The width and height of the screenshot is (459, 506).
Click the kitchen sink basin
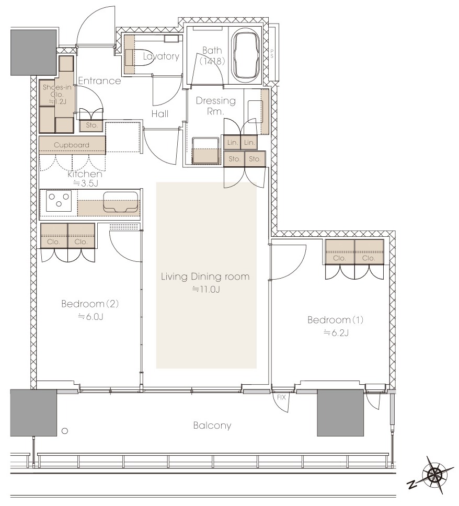(x=120, y=202)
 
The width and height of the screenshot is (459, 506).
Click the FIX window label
(x=281, y=397)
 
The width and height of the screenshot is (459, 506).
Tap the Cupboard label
(x=72, y=145)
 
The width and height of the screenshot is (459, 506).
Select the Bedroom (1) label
(x=336, y=320)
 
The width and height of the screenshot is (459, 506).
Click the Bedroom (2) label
(x=90, y=304)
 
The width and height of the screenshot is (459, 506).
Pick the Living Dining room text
(x=205, y=277)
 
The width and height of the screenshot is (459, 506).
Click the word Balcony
(x=212, y=425)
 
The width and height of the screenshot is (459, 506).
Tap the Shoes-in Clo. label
(x=57, y=90)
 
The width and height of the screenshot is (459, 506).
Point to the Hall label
(x=160, y=113)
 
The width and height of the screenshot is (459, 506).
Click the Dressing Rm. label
(x=215, y=106)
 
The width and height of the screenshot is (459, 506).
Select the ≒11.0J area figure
(x=206, y=290)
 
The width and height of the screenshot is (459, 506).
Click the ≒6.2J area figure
(x=336, y=332)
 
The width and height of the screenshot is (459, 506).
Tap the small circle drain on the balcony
(x=65, y=431)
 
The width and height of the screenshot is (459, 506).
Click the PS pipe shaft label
(x=272, y=53)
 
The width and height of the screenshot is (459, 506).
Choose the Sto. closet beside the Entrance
(x=91, y=125)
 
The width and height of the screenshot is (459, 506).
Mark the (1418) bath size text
(x=212, y=61)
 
